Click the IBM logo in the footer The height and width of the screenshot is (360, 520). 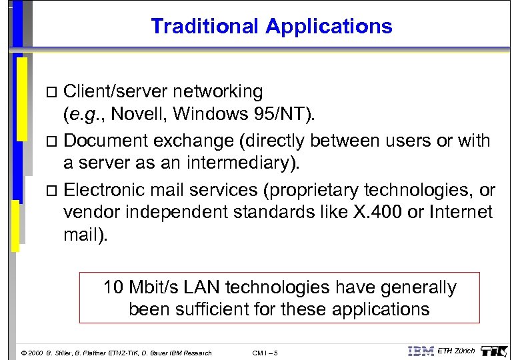click(420, 351)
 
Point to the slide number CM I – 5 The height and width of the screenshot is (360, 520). click(266, 353)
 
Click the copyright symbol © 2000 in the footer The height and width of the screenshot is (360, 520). click(32, 353)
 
